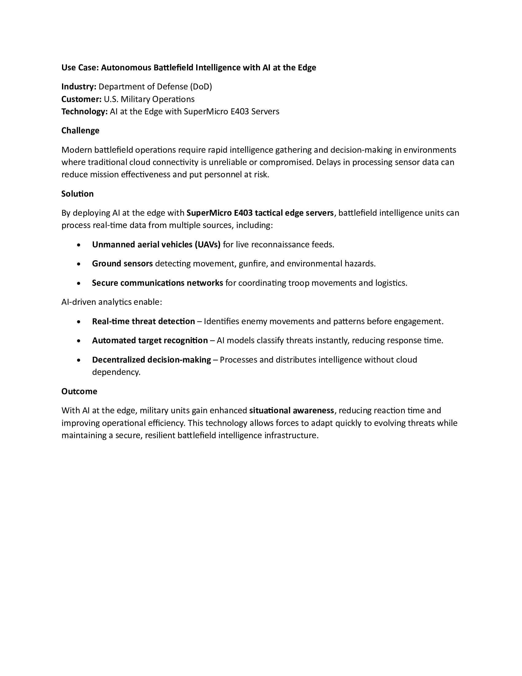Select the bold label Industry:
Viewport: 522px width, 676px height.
click(79, 87)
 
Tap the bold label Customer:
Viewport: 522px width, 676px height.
click(81, 99)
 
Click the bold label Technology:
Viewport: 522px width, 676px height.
click(84, 112)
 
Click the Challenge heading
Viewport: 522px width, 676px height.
click(80, 131)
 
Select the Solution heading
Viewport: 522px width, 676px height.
click(77, 194)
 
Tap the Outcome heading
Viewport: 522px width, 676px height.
click(79, 391)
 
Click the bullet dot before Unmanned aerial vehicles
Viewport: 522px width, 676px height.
click(79, 245)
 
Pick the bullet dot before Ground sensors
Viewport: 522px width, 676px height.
click(79, 264)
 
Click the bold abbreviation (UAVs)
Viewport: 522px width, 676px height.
click(207, 245)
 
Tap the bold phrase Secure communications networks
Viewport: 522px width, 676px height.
click(158, 283)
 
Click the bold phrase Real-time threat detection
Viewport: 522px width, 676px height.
click(143, 321)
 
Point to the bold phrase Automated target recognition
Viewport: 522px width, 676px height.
click(150, 340)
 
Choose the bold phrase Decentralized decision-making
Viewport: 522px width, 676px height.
click(151, 360)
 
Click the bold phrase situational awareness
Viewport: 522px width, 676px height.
click(291, 411)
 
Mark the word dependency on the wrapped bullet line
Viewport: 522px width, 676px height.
click(116, 372)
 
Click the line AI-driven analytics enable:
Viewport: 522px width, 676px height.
click(112, 302)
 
